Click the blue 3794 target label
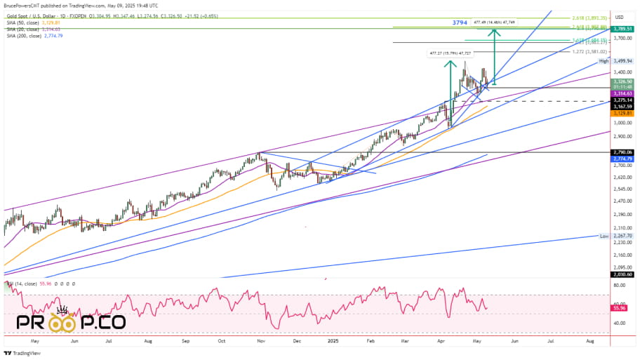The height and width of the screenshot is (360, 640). (460, 23)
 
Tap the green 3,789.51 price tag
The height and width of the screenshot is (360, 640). (622, 29)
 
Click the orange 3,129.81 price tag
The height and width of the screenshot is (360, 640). (622, 113)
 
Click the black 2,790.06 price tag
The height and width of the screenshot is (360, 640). (622, 152)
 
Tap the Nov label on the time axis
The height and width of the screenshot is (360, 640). (260, 340)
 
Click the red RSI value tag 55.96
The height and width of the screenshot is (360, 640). (620, 308)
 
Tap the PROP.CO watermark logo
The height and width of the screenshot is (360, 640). (70, 323)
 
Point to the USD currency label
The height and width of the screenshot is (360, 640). (620, 17)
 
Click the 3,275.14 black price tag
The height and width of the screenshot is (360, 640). (622, 100)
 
